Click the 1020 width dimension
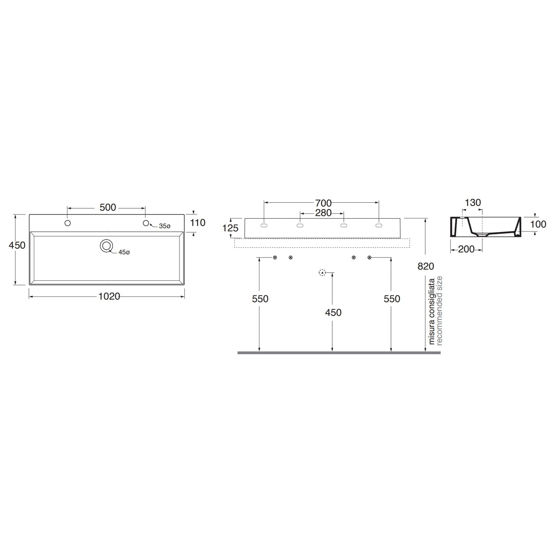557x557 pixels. click(109, 296)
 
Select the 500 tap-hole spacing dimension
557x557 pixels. click(108, 208)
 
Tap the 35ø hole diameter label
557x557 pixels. click(165, 226)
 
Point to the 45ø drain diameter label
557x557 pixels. click(124, 252)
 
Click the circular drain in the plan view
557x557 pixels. click(107, 245)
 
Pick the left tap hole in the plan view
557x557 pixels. click(68, 223)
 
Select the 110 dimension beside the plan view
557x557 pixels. click(198, 223)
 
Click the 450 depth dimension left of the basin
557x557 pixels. click(17, 245)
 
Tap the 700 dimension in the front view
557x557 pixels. click(323, 203)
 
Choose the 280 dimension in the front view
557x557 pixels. click(323, 213)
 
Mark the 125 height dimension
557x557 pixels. click(230, 228)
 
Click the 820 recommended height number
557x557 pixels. click(426, 266)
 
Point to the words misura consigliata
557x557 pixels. click(432, 311)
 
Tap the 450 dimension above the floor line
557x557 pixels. click(333, 313)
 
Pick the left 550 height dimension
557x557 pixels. click(260, 299)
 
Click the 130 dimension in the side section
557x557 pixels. click(473, 203)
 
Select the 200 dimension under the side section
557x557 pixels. click(466, 249)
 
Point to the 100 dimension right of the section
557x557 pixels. click(538, 224)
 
